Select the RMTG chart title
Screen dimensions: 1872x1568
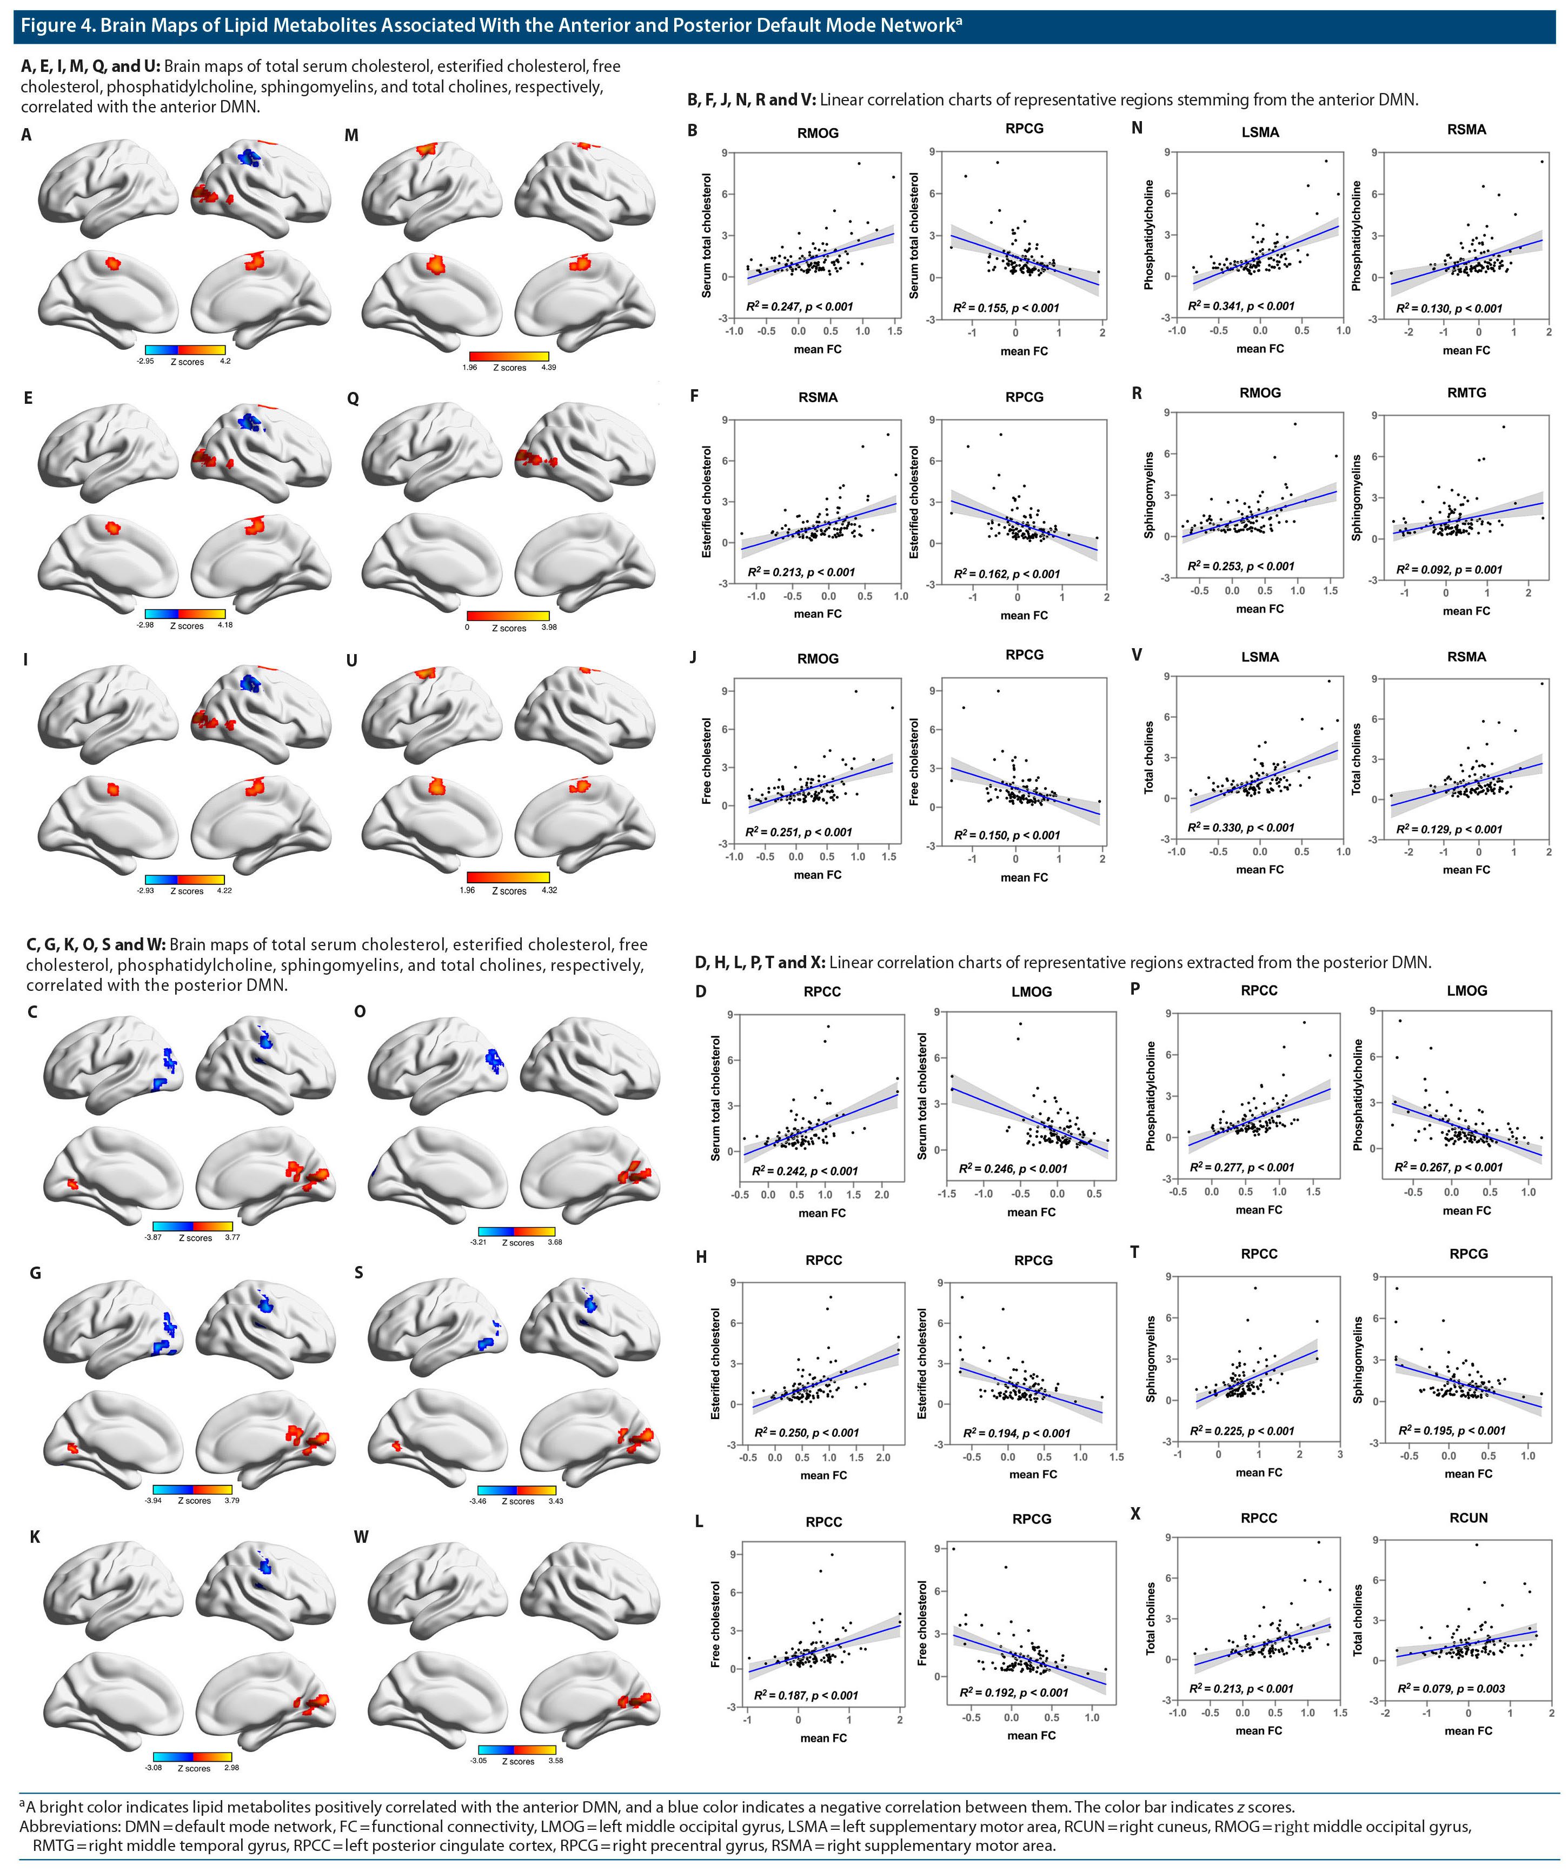1466,392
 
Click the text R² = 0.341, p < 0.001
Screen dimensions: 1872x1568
1241,306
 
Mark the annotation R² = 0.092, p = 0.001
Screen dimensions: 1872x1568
1450,569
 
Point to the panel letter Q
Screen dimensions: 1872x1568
353,398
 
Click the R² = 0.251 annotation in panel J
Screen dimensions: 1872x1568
799,832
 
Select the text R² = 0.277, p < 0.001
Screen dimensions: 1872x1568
1242,1167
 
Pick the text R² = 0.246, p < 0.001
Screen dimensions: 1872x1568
1013,1168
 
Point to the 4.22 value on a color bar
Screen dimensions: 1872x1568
224,890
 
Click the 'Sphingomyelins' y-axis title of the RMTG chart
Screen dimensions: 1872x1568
1357,497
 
